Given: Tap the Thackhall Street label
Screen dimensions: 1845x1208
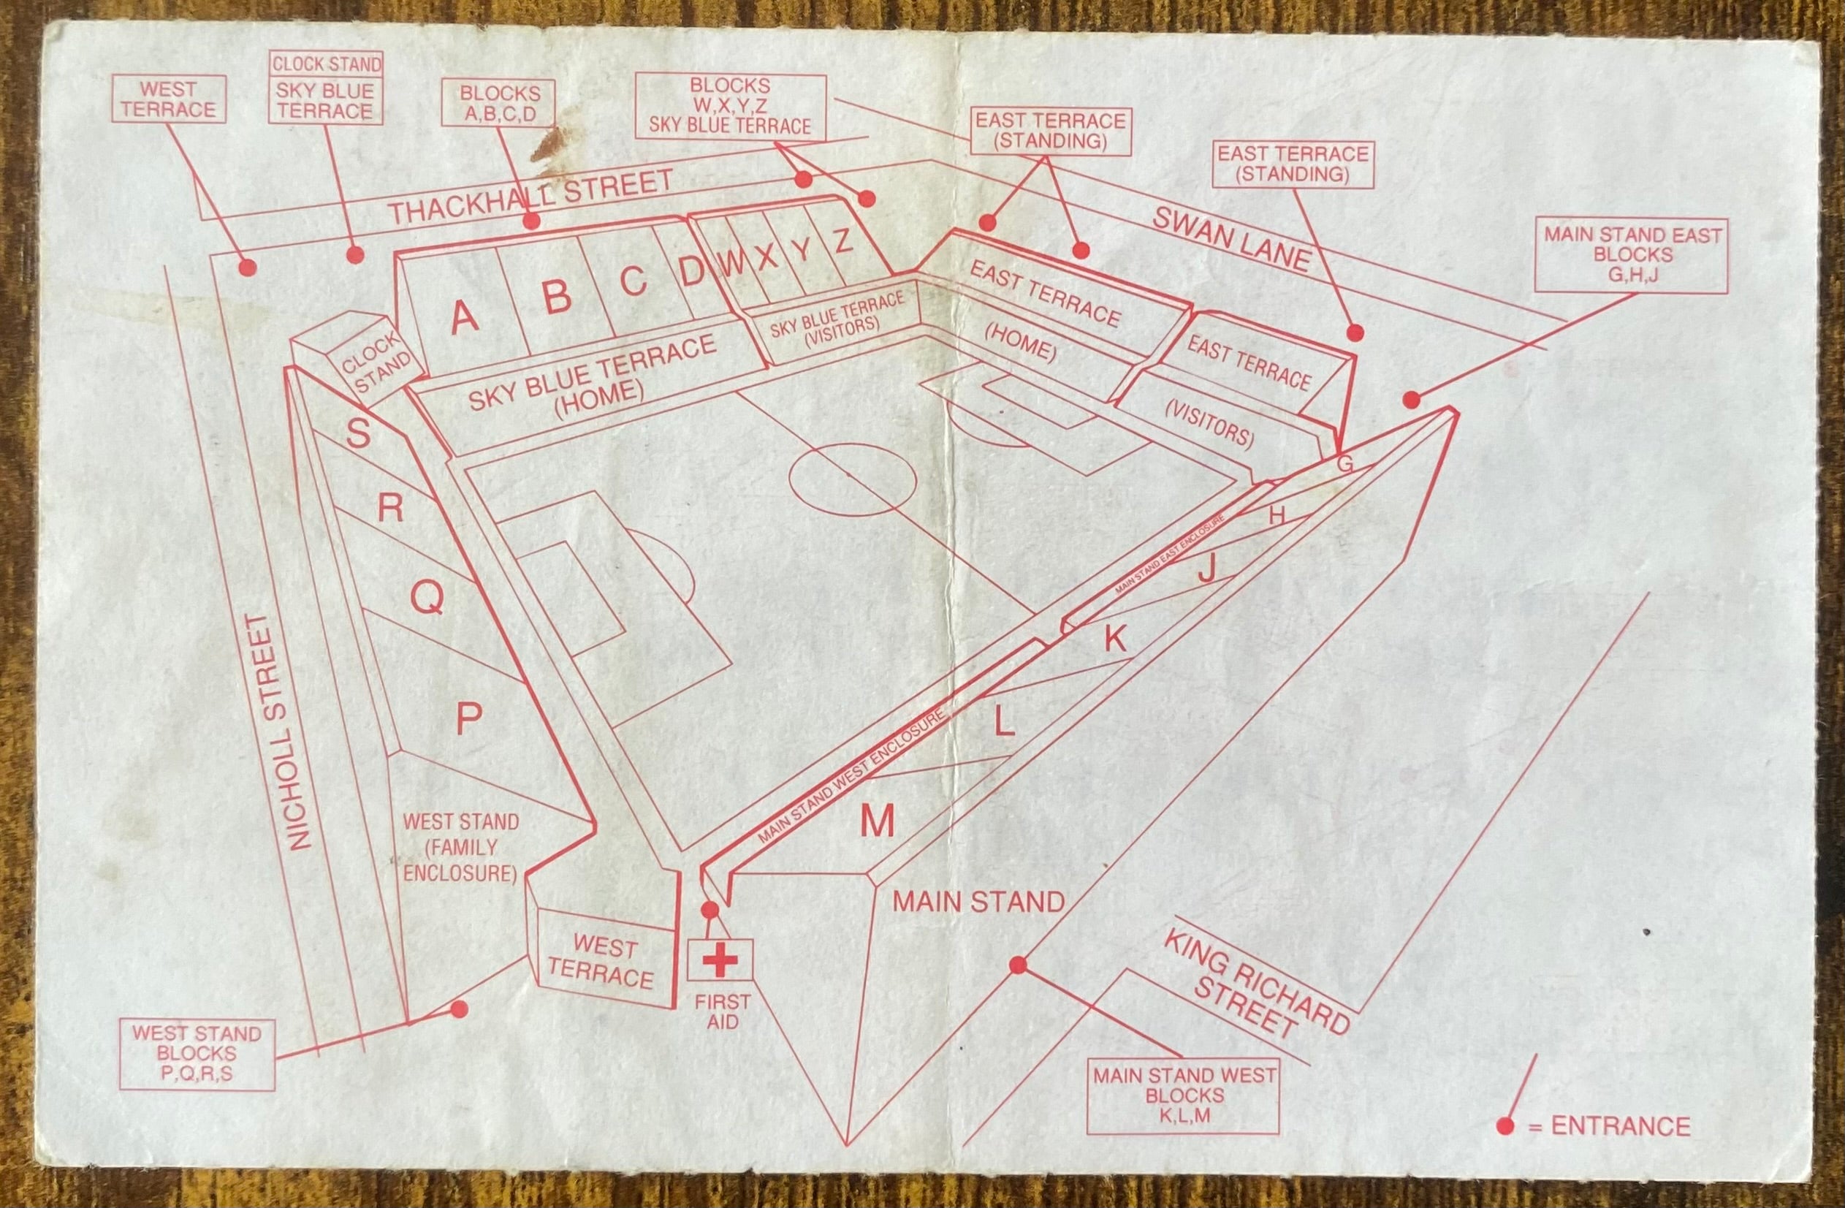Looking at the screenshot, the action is click(531, 198).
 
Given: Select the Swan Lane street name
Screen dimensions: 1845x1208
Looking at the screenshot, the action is click(1230, 239).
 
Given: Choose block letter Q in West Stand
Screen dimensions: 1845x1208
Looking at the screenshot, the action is click(427, 598).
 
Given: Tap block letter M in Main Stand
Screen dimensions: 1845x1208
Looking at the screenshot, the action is click(878, 821).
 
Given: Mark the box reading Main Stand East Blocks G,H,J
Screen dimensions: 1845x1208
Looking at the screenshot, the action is click(1632, 255).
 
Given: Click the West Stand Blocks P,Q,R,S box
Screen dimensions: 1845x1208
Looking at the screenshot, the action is click(197, 1055).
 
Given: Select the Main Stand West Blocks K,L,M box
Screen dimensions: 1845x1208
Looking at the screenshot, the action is click(1183, 1095).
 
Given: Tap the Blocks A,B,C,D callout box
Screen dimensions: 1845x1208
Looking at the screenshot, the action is click(499, 103).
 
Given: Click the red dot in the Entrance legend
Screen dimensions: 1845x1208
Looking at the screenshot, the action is click(1505, 1148).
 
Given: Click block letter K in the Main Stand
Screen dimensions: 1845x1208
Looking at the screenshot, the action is click(1115, 639).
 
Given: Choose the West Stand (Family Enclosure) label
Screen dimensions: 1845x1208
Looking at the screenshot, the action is click(460, 848).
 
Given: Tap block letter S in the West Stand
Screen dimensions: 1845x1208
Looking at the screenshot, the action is click(358, 432).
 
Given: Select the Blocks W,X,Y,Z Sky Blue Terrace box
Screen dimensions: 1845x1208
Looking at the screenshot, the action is click(729, 106).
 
